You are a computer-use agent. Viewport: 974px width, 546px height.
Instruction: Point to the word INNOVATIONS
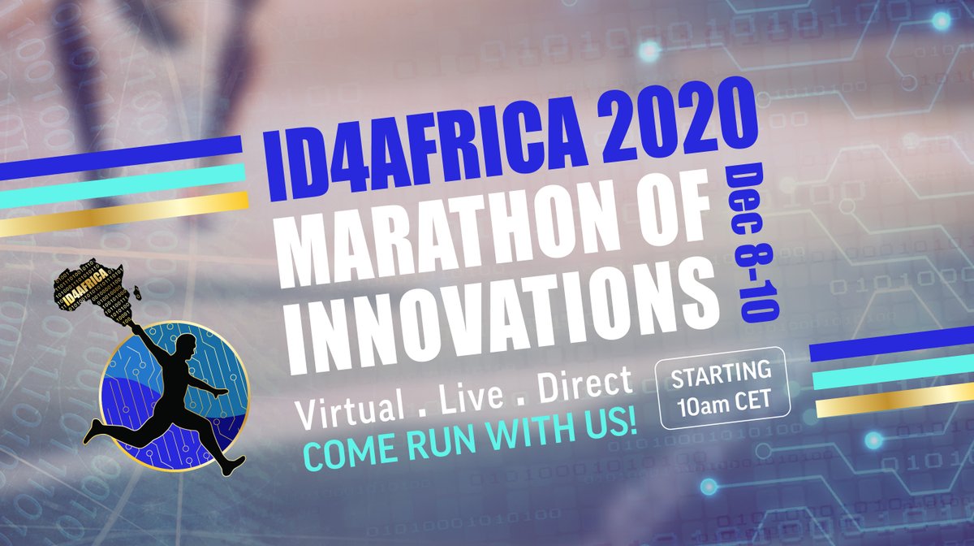pyautogui.click(x=513, y=314)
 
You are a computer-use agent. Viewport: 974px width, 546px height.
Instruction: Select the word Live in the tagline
pyautogui.click(x=471, y=397)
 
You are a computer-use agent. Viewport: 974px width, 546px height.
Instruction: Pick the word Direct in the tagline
pyautogui.click(x=584, y=384)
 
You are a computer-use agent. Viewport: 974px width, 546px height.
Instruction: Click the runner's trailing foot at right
pyautogui.click(x=232, y=465)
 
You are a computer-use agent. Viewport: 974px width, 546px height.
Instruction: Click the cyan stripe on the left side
pyautogui.click(x=123, y=185)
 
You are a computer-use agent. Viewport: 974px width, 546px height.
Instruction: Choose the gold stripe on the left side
pyautogui.click(x=124, y=214)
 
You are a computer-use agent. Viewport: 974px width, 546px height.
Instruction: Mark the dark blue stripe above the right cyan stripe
pyautogui.click(x=891, y=344)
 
